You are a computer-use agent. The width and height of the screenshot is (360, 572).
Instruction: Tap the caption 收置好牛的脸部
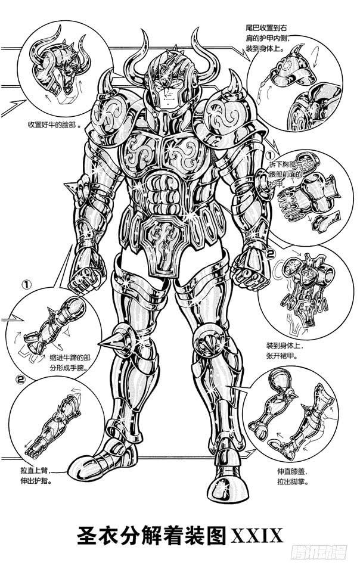tap(54, 126)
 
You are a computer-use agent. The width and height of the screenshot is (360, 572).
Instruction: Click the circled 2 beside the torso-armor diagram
tap(269, 254)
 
